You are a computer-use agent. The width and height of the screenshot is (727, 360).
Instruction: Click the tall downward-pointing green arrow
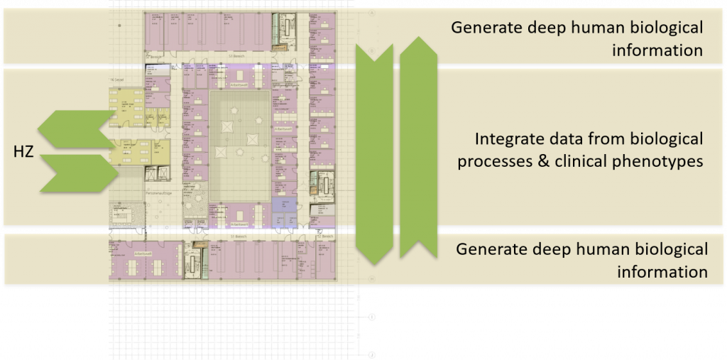(373, 153)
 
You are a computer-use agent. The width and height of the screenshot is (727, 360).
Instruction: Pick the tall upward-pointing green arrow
(417, 146)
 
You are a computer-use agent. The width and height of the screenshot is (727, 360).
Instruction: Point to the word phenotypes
(647, 162)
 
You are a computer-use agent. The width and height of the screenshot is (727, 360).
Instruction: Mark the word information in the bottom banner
(662, 272)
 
